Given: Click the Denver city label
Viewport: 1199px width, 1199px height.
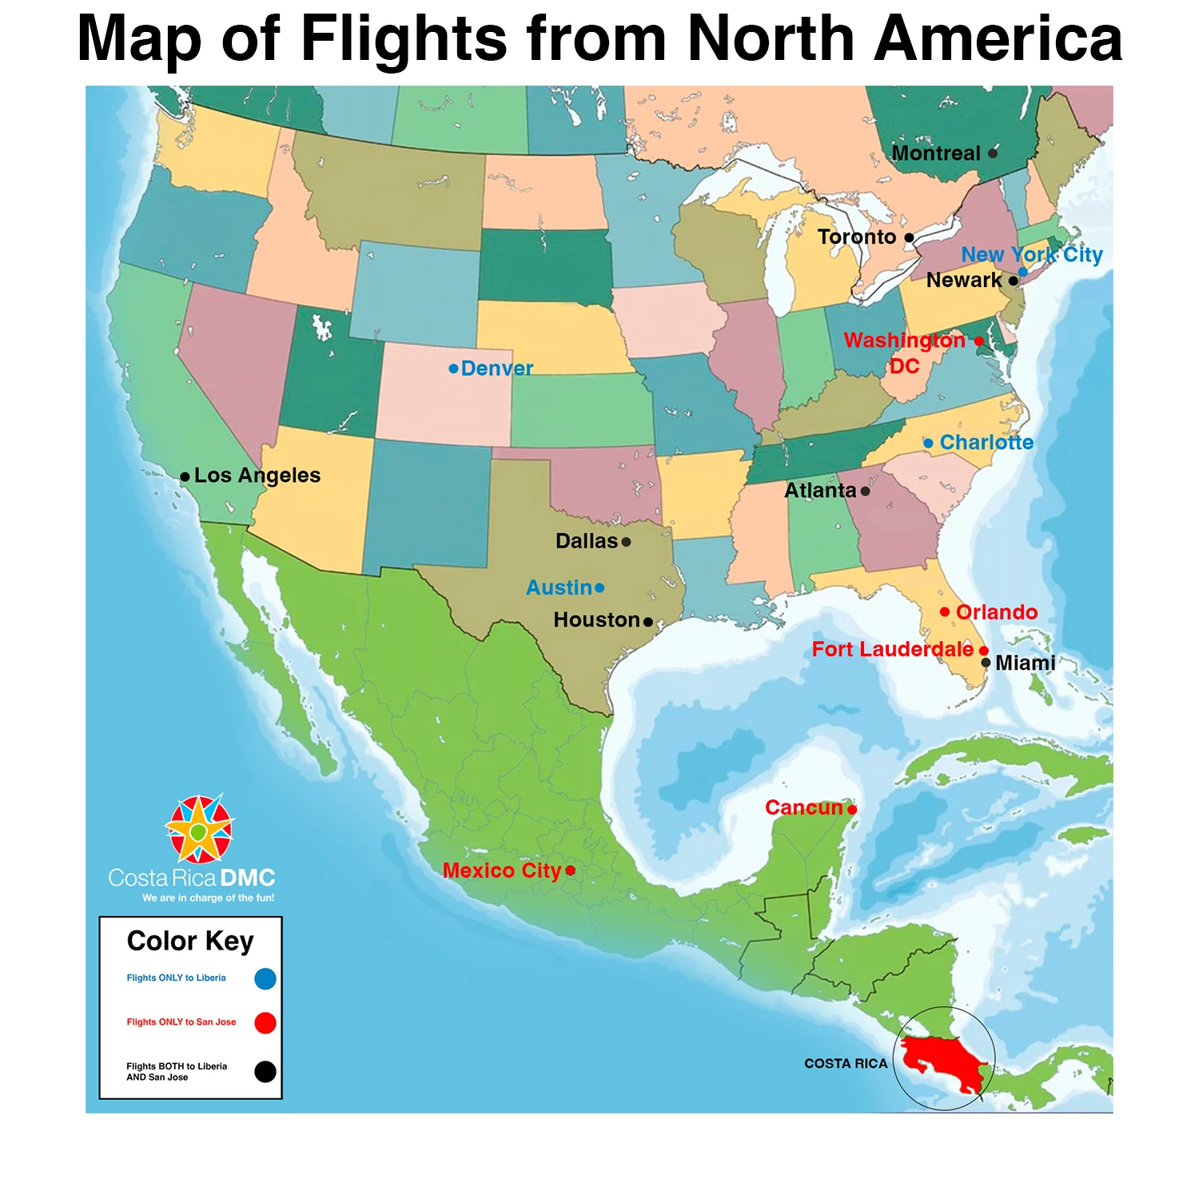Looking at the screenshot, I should pos(496,368).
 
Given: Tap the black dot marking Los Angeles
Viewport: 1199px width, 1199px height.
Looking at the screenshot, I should pos(185,477).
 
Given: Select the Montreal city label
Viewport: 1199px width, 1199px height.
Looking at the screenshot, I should pos(935,153).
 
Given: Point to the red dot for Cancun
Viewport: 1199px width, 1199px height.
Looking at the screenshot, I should pos(852,810).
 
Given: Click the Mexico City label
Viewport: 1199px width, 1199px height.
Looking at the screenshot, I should pos(502,870).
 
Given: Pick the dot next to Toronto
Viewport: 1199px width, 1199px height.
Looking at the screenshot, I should pos(909,238).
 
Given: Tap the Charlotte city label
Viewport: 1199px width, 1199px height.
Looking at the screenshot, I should pos(986,443).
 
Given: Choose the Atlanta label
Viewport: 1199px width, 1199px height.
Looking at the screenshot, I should pos(820,491).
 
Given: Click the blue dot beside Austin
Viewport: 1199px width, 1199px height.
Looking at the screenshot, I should pos(599,588).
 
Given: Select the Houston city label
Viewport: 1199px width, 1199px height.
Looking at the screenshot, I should pos(596,620).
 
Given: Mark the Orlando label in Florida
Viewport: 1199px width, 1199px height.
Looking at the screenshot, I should pos(997,612).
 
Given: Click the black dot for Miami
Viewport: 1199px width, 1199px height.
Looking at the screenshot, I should pos(986,663).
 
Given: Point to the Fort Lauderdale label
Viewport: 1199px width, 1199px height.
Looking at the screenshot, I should pos(892,650).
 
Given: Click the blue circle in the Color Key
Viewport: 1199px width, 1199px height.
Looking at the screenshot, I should pos(265,978).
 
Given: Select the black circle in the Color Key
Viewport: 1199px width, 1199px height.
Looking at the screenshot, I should pos(265,1072).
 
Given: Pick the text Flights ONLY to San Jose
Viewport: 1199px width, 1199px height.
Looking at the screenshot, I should pos(181,1022).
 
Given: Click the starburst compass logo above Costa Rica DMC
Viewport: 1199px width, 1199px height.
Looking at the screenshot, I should pos(199,830).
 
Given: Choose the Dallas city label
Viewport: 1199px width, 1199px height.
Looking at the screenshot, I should pos(587,542).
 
